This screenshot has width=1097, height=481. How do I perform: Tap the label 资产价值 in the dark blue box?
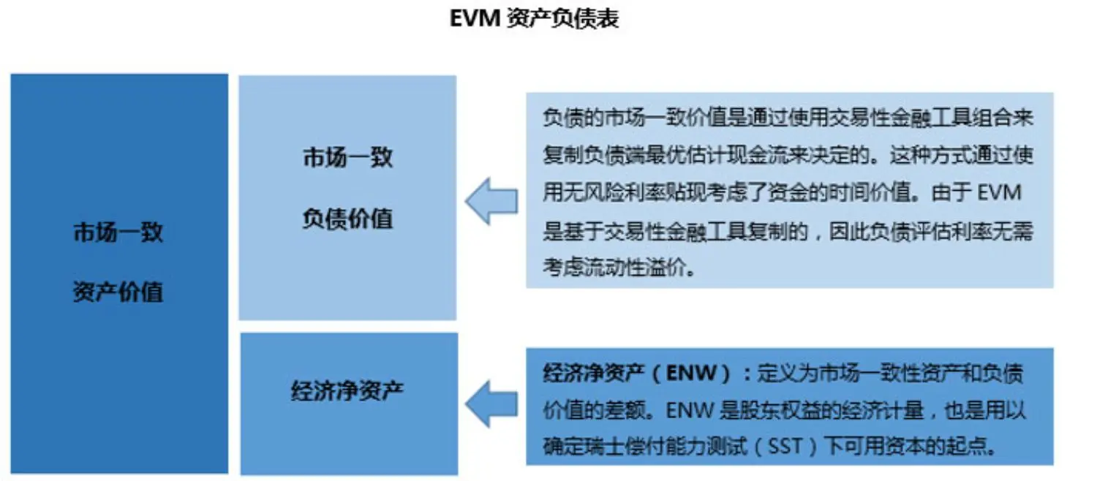(x=118, y=292)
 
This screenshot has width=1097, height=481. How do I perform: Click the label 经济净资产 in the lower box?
(x=347, y=391)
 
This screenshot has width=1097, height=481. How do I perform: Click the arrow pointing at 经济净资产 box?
(x=491, y=404)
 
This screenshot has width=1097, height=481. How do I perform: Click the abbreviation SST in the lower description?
(x=786, y=446)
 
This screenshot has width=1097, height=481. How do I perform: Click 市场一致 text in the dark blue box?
(x=118, y=233)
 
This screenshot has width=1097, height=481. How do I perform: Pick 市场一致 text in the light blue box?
(x=347, y=157)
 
